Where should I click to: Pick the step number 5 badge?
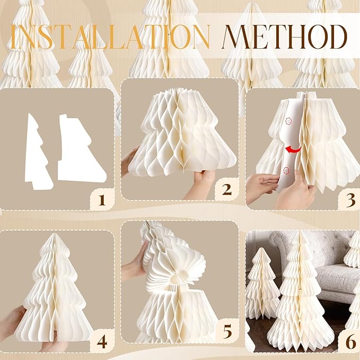point(226,333)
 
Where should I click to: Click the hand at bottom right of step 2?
point(201,183)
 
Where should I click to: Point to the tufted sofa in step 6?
point(318,265)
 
